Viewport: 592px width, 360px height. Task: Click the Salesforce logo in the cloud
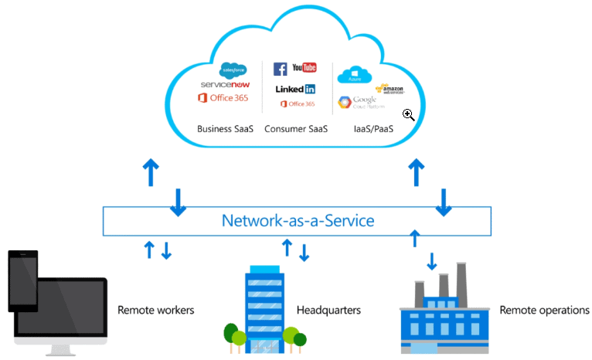click(x=232, y=70)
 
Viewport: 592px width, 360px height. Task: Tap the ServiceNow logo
click(x=225, y=83)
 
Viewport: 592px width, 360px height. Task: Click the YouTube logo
click(x=304, y=69)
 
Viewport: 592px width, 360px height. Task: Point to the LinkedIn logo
click(x=295, y=89)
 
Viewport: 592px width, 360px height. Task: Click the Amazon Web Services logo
click(x=390, y=90)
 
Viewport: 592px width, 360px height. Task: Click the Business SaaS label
click(x=226, y=129)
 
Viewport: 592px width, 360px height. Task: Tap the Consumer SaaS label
click(x=296, y=129)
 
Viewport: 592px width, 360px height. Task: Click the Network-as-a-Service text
click(x=298, y=221)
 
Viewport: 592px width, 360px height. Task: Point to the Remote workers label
click(x=155, y=311)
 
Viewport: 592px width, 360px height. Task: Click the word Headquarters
click(x=328, y=311)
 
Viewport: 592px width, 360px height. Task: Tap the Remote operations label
click(x=544, y=311)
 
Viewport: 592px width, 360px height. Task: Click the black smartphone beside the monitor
click(x=23, y=280)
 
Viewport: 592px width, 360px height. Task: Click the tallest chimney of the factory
click(x=461, y=279)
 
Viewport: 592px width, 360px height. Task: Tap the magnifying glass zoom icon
click(x=409, y=115)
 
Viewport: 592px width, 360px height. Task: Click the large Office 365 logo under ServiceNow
click(x=224, y=97)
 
